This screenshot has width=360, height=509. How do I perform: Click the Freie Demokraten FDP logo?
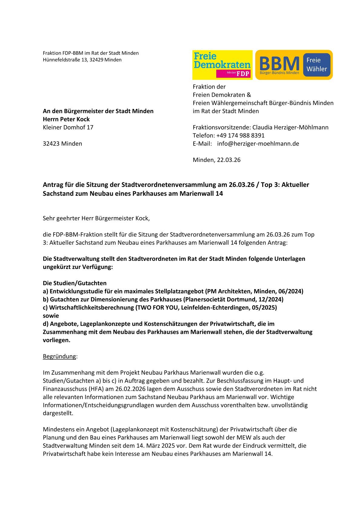[222, 65]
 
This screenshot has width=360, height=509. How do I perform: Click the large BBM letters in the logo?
[279, 64]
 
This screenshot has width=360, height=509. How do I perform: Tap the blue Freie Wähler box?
[316, 64]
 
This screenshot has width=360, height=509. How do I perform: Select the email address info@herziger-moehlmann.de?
[258, 144]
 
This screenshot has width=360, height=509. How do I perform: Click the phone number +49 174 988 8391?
[240, 135]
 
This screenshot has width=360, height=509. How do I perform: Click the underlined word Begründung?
[59, 356]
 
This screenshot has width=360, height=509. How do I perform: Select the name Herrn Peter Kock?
[66, 119]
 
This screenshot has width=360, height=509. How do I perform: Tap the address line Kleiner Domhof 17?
[68, 127]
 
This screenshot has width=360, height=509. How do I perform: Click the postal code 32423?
[51, 144]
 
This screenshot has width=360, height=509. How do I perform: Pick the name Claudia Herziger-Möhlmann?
[290, 127]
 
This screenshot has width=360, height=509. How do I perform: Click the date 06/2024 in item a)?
[290, 291]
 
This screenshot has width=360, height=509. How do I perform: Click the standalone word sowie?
[51, 316]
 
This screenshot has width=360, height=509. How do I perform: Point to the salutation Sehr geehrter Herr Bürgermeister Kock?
[96, 218]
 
